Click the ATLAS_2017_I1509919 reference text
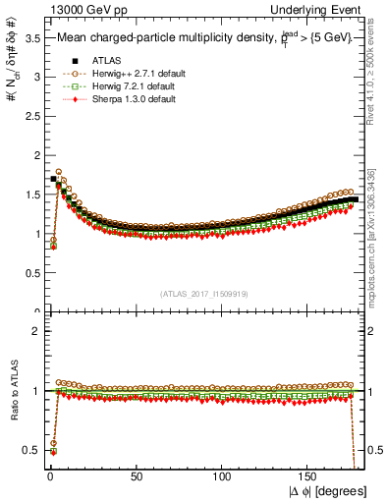[204, 293]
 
